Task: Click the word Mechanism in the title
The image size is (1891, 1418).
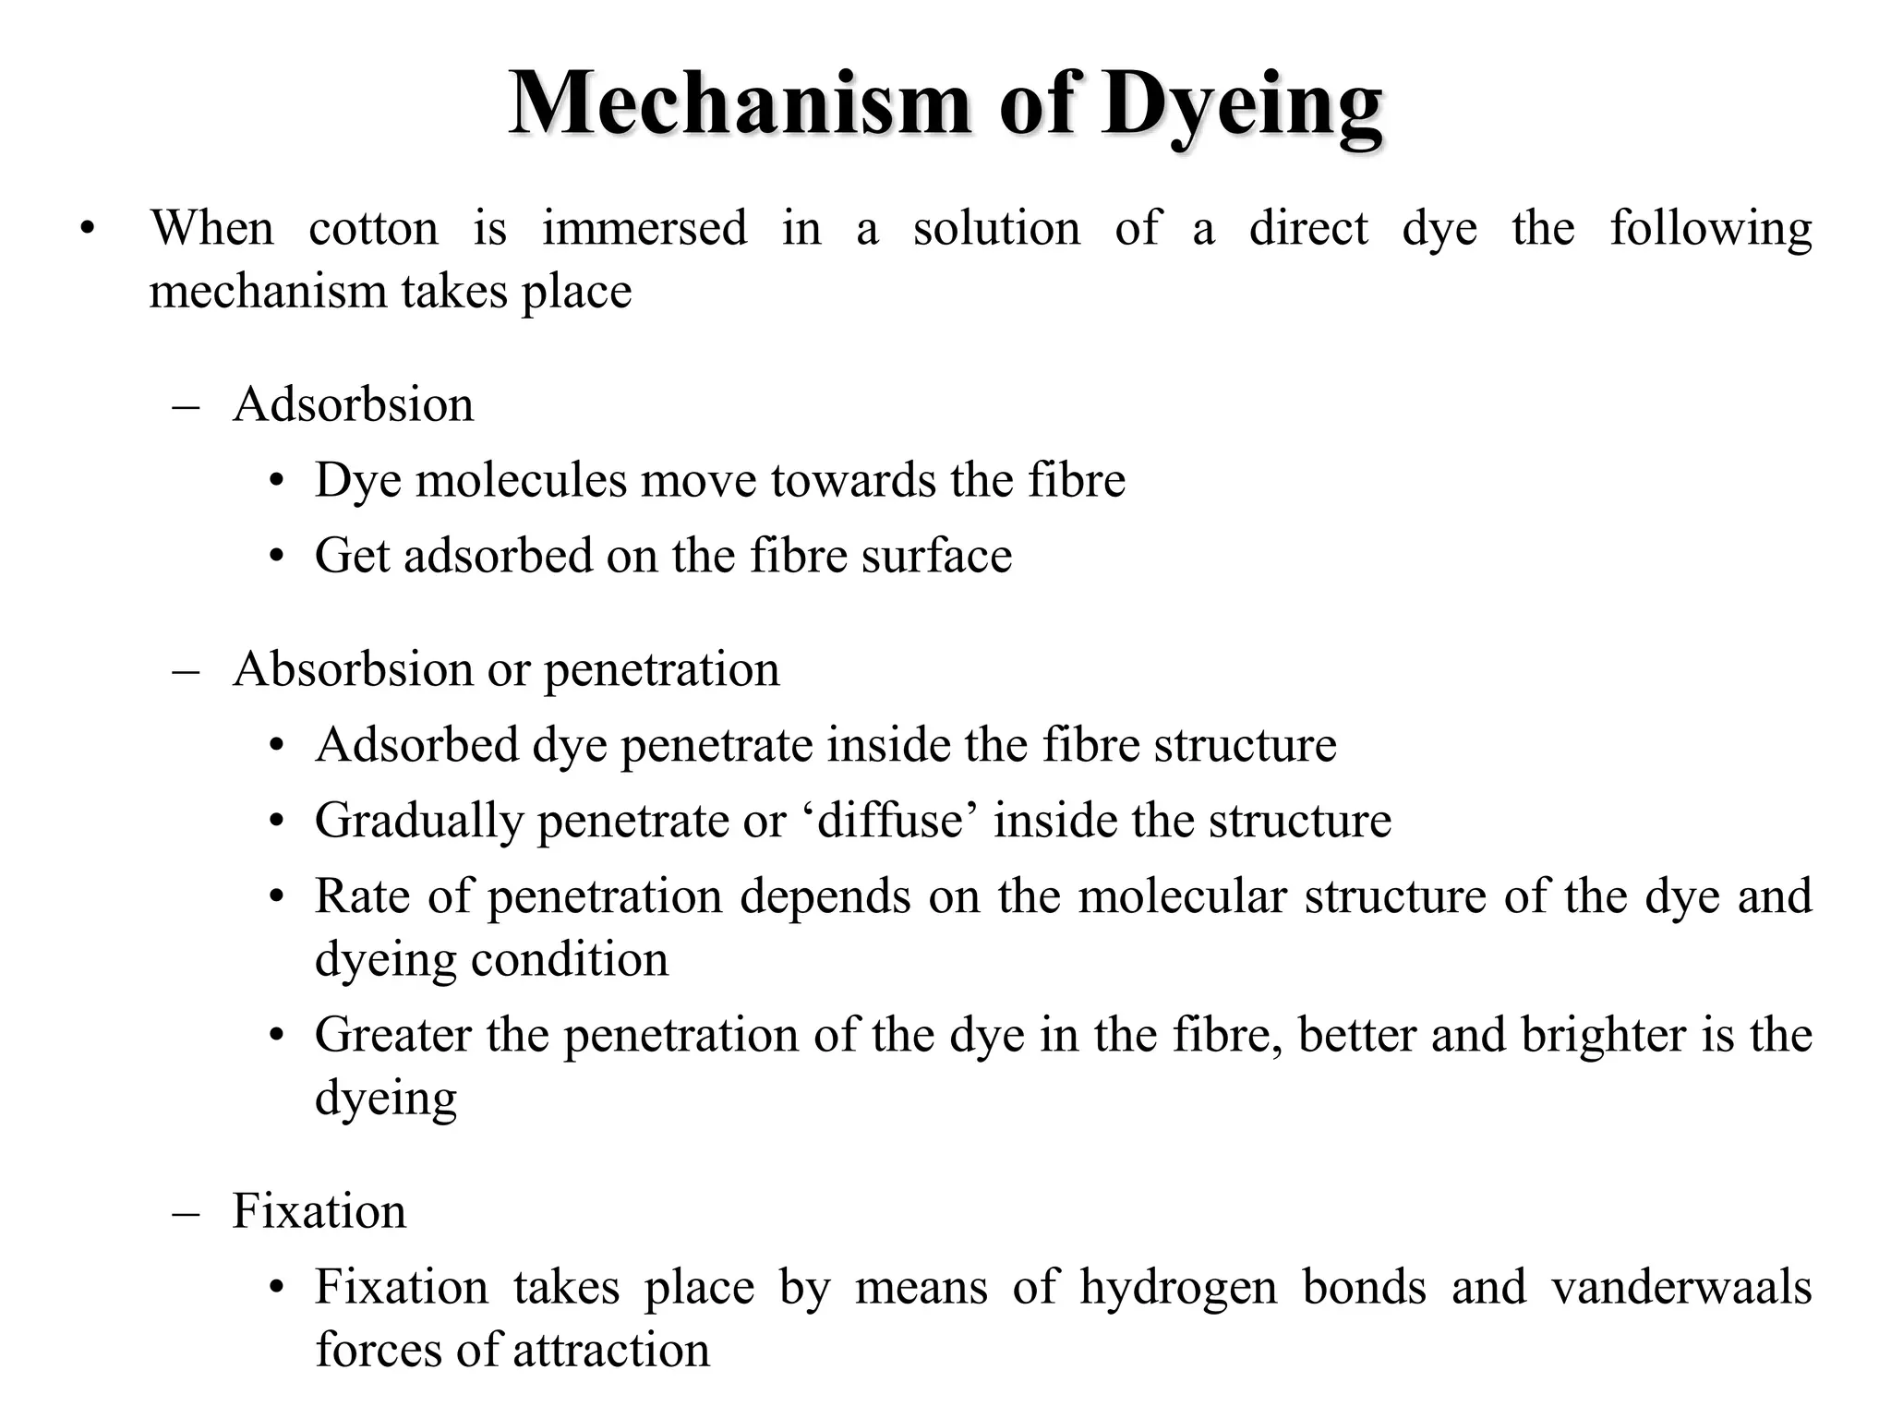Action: coord(740,103)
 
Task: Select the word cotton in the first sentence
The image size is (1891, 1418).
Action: coord(373,228)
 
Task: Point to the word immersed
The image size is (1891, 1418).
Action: coord(644,228)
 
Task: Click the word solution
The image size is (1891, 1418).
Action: coord(996,228)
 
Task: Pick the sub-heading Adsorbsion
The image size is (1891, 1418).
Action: coord(353,404)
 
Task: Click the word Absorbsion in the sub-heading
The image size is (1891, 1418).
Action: coord(353,668)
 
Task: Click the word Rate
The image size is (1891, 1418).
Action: coord(362,895)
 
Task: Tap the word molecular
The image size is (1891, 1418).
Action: coord(1181,895)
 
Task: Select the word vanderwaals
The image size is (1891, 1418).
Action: coord(1681,1287)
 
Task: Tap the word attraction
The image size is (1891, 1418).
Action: coord(610,1350)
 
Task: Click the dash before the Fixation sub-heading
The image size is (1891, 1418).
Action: coord(186,1211)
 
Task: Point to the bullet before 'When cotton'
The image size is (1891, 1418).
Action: coord(87,229)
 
